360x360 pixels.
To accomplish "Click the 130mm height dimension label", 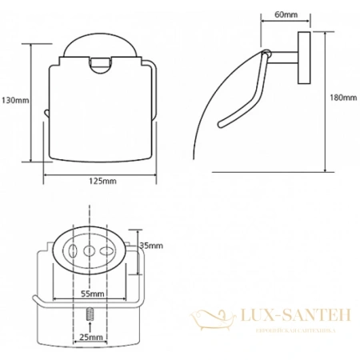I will coord(15,100).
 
